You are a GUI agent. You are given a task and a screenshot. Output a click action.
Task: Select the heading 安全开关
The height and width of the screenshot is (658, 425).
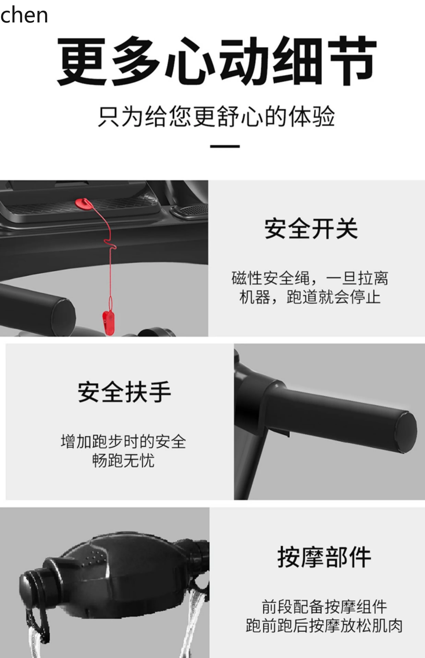point(311,229)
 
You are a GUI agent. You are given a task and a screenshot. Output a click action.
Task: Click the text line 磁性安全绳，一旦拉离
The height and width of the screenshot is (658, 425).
point(310,278)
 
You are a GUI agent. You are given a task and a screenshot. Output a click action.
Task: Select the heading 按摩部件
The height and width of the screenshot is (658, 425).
point(324,557)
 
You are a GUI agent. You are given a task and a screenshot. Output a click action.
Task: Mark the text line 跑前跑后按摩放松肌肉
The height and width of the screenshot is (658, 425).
point(324,626)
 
